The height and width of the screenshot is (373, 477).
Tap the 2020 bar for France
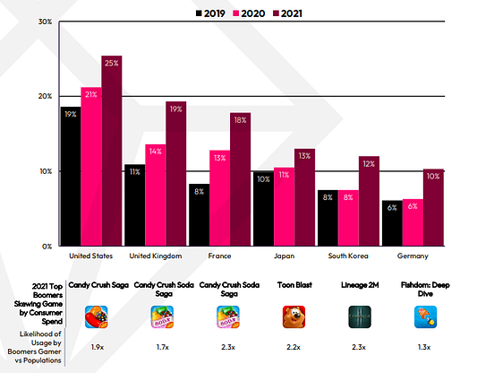click(x=219, y=198)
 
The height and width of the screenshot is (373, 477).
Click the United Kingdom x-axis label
click(x=155, y=256)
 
